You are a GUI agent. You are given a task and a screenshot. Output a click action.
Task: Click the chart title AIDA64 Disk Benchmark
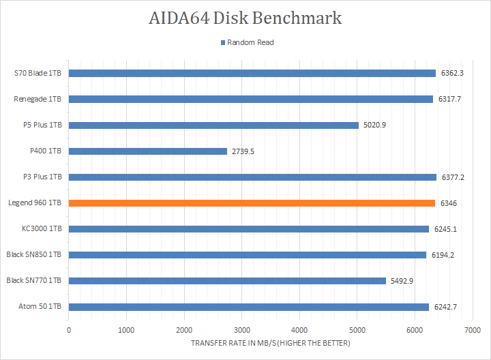pyautogui.click(x=245, y=18)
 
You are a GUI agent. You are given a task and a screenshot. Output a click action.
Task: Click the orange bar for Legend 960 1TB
pyautogui.click(x=252, y=203)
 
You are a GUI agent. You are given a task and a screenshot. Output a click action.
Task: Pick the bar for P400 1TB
pyautogui.click(x=148, y=151)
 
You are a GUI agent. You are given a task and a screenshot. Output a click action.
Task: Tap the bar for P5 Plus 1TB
pyautogui.click(x=213, y=125)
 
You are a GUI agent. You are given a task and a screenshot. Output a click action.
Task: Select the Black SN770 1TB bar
pyautogui.click(x=227, y=281)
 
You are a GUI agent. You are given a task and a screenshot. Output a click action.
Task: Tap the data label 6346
pyautogui.click(x=449, y=203)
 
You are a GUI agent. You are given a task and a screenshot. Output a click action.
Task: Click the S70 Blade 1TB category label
pyautogui.click(x=38, y=74)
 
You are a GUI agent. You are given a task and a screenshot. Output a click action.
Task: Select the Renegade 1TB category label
pyautogui.click(x=38, y=100)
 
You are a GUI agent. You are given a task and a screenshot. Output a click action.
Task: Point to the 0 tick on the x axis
pyautogui.click(x=69, y=330)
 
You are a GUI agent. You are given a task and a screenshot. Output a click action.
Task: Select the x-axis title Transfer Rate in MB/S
pyautogui.click(x=271, y=343)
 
